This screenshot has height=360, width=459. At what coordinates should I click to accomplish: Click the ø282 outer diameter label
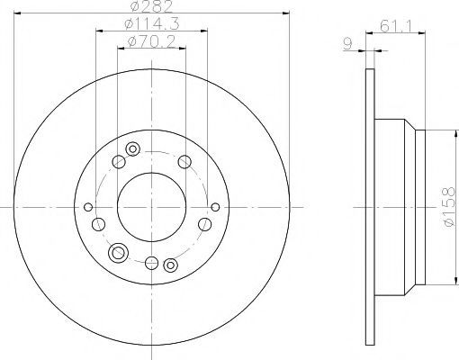[152, 6]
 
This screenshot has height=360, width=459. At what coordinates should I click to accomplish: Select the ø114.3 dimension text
[152, 23]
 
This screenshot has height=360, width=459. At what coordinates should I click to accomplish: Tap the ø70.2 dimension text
[151, 41]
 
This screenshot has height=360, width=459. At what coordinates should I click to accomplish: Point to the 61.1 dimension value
[395, 26]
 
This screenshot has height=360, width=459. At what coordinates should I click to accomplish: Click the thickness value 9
[347, 44]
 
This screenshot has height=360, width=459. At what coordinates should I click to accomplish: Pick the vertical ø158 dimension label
[449, 207]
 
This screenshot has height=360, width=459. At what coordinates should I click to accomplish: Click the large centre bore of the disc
[151, 207]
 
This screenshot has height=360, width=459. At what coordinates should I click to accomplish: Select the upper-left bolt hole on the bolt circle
[119, 162]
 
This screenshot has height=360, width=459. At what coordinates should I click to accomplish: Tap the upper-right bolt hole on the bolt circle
[184, 162]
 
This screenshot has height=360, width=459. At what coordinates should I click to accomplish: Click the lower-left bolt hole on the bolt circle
[98, 224]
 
